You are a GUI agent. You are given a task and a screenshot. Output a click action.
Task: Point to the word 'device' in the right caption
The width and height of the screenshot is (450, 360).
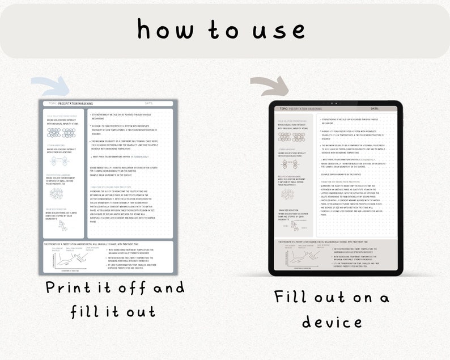(x=332, y=323)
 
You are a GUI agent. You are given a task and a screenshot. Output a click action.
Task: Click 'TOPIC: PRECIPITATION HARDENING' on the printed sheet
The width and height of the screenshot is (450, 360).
(x=71, y=104)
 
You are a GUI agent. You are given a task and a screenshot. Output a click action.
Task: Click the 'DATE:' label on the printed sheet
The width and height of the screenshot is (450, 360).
(x=149, y=104)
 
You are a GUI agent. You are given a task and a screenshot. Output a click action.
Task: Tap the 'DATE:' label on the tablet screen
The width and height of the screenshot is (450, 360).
(x=374, y=108)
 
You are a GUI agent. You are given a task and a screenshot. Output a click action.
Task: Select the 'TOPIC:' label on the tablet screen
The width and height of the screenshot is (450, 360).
(x=284, y=108)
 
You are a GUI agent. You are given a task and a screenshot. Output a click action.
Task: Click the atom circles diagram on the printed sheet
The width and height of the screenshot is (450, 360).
(x=62, y=133)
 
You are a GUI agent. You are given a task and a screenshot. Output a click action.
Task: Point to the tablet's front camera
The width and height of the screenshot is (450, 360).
(x=336, y=103)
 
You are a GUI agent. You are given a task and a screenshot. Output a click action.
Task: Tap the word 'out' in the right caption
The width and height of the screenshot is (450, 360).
(x=339, y=297)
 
